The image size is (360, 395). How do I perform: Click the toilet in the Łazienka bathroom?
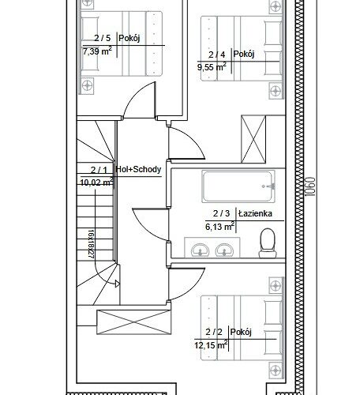pos(268,243)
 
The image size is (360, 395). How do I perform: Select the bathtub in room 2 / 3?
pos(238,186)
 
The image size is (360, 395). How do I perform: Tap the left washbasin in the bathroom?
pos(200,250)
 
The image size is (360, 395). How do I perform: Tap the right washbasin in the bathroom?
pos(224,250)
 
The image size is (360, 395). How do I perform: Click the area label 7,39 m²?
pos(97,51)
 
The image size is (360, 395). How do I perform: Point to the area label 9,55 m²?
pos(212,67)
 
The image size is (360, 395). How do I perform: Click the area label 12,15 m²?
pos(211,344)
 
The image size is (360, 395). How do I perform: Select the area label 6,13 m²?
pos(220,226)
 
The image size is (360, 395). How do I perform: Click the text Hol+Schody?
pos(138,169)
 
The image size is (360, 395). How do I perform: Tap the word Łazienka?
pos(255,213)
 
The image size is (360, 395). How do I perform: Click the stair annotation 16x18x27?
pos(91,244)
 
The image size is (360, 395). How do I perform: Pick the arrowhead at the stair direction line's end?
pos(118,284)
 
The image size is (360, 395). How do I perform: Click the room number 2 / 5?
pos(103,38)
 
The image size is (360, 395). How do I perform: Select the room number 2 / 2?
pos(214,332)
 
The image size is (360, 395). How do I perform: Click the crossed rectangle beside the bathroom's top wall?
pos(253,139)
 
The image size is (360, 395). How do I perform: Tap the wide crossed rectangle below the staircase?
pos(134,322)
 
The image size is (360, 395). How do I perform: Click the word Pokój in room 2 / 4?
pos(244,55)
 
